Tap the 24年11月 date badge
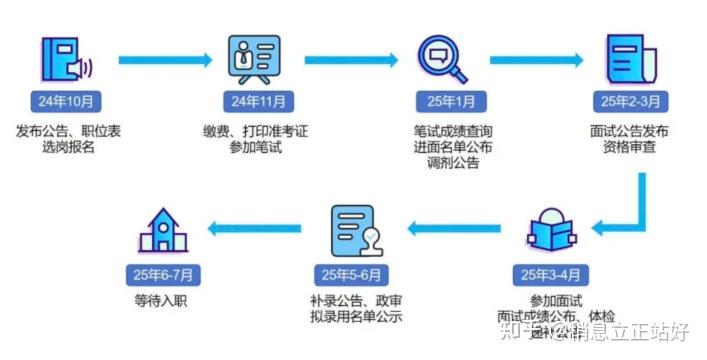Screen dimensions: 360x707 pos(257,101)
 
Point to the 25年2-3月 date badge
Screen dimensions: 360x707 pos(628,101)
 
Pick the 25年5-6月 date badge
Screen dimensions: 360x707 pos(356,274)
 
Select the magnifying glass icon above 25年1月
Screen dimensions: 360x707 pos(442,58)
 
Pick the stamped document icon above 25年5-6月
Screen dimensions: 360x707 pos(357,231)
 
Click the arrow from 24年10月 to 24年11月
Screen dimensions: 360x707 pos(163,60)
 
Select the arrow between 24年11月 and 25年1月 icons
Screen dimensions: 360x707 pos(349,60)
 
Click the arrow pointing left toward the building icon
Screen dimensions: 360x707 pos(255,229)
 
